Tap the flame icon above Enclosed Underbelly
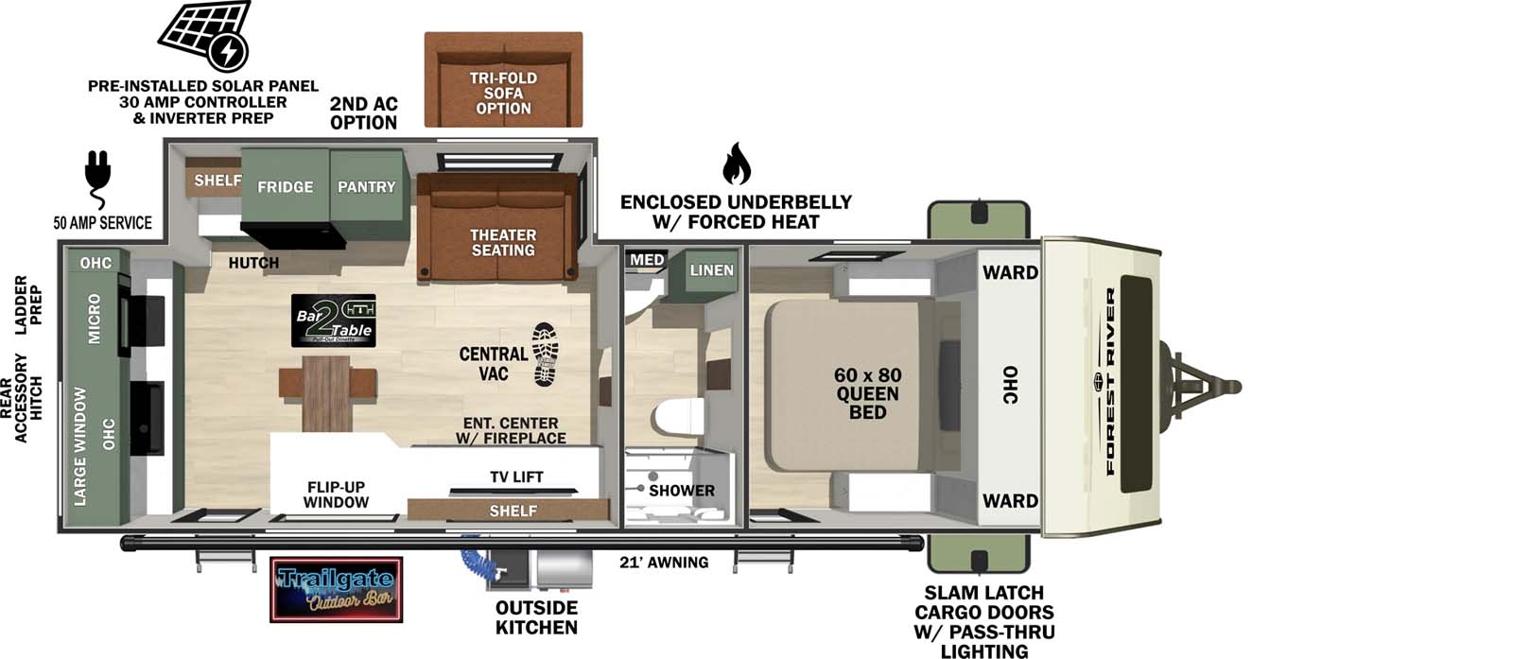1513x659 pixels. click(736, 165)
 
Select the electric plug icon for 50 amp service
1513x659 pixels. click(97, 177)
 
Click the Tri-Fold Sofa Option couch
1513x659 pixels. click(503, 80)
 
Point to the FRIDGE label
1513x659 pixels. click(285, 187)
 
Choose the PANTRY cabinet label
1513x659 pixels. click(366, 187)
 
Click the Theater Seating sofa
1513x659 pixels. click(499, 232)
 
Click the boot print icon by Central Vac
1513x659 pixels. click(546, 354)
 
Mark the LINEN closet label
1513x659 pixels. click(711, 270)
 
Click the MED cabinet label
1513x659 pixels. click(647, 259)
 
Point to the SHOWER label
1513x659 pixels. click(681, 491)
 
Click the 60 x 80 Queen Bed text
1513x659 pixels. click(867, 393)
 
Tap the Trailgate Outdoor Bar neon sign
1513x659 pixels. click(337, 589)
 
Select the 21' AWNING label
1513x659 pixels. click(664, 563)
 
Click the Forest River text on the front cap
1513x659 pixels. click(1110, 381)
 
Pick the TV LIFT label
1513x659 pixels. click(516, 477)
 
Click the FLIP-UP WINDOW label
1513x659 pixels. click(336, 494)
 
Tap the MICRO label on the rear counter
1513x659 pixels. click(95, 318)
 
